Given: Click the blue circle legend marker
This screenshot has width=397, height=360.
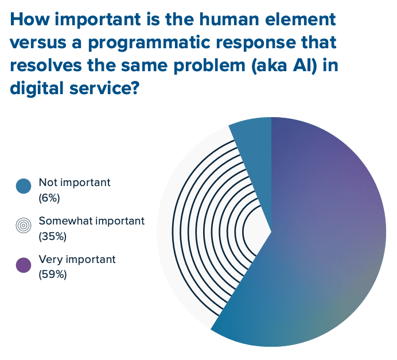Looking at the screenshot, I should tap(24, 187).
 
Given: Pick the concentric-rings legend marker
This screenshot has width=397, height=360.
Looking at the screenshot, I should tap(24, 226).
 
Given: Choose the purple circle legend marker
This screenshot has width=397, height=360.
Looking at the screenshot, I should tap(24, 265).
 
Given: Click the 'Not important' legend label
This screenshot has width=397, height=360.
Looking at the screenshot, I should tap(74, 183).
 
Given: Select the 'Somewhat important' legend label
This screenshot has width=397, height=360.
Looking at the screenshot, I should tap(91, 221).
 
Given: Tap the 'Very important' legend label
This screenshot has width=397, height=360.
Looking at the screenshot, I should tap(77, 260).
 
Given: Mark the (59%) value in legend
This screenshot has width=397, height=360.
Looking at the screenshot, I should tap(53, 275).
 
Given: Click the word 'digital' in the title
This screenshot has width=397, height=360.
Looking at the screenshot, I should tap(34, 90).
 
